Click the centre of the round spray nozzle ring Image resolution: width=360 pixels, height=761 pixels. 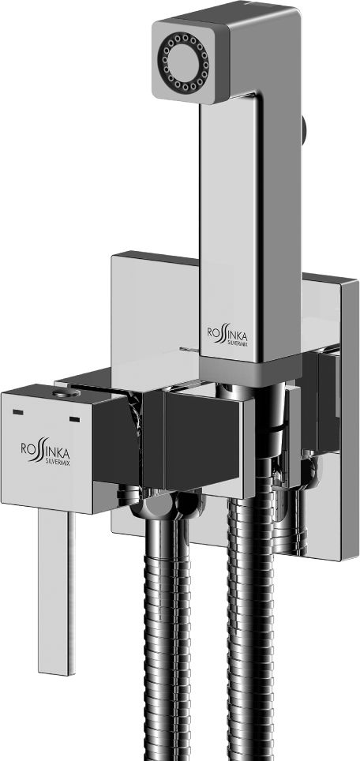pos(185,62)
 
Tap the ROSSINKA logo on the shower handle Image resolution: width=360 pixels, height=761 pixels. pos(227,336)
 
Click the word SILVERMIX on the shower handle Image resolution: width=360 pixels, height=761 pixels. pos(236,343)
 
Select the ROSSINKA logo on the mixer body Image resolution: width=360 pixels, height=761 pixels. pos(45,449)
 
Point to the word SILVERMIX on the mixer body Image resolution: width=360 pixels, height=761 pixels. pos(58,459)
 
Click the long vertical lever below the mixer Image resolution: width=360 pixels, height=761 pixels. pos(57,592)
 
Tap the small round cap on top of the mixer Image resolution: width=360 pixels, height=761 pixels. pos(66,393)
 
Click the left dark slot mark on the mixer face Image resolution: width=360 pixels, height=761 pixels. pos(18,412)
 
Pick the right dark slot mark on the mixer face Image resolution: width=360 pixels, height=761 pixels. pos(74,419)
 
